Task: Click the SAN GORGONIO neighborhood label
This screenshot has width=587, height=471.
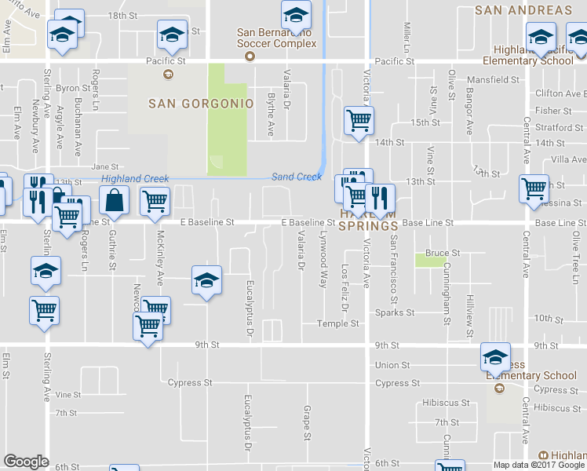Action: point(202,104)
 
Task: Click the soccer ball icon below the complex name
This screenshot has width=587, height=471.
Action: point(250,57)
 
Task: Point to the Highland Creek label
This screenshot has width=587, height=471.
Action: point(135,179)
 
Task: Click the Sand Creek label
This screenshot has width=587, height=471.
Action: point(297,177)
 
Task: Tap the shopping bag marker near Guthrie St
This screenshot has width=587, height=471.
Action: point(115,200)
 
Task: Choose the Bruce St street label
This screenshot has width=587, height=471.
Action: point(442,253)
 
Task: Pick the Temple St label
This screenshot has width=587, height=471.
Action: point(338,323)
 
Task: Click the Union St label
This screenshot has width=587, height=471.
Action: point(392,365)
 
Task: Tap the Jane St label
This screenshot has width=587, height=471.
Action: point(104,166)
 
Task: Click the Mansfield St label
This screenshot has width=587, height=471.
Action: point(494,79)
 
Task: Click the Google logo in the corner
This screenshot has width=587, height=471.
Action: point(26,462)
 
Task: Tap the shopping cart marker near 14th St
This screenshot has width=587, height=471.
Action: point(359,121)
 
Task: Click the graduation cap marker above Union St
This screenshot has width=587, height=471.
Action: point(496,357)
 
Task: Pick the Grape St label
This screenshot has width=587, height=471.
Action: point(307,422)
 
